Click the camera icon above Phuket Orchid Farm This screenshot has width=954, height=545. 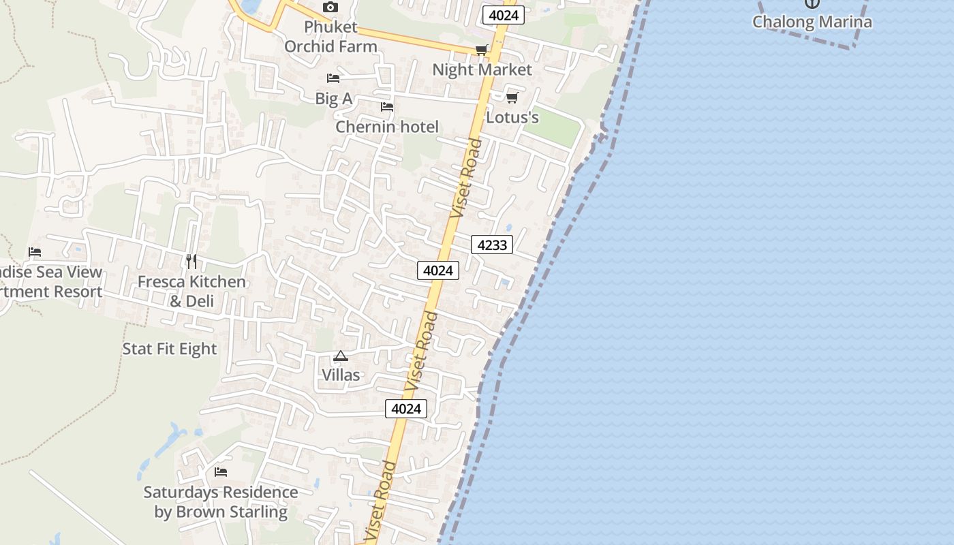pos(330,7)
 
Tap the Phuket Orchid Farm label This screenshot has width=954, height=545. pos(330,37)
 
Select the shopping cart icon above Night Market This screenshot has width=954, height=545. pos(482,50)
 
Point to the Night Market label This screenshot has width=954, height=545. pos(482,69)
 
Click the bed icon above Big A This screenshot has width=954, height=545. pos(333,78)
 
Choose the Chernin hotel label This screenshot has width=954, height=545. pos(387,127)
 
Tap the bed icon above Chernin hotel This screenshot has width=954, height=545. pos(387,107)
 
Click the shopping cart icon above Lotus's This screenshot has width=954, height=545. pos(512,97)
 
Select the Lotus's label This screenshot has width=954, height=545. pos(512,117)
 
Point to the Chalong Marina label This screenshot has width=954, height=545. pos(812,22)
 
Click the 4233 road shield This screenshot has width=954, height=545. pos(492,245)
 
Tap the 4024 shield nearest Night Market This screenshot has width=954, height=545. pos(503,15)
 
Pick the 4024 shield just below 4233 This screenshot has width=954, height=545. pos(438,270)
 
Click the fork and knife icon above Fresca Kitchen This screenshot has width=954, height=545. pos(191,261)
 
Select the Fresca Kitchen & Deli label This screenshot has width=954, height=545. pos(191,291)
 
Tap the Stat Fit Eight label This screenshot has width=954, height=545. pos(170,349)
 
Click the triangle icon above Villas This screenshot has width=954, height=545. pos(340,356)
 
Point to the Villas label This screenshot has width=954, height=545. pos(341,375)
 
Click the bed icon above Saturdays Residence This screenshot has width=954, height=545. pos(220,471)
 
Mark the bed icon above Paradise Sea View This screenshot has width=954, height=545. pos(35,252)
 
